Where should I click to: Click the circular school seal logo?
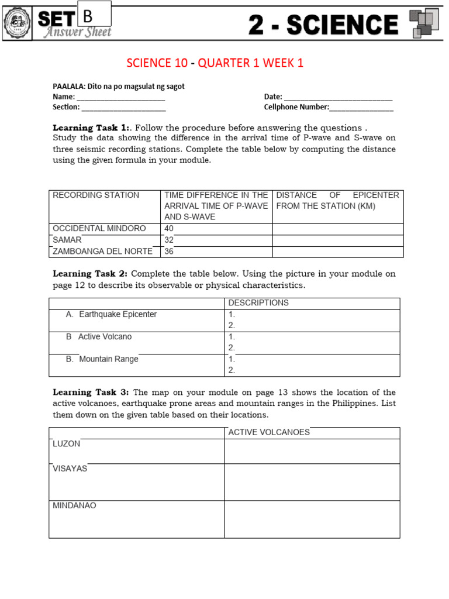pos(18,23)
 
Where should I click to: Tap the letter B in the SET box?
pos(88,17)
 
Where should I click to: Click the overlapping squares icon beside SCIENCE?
pos(424,23)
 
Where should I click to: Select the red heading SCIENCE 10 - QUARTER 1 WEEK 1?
pos(215,63)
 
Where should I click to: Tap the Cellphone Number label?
pos(296,107)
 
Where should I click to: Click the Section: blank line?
pos(123,108)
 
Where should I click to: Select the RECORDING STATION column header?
pos(96,195)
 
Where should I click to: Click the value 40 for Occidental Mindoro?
pos(170,229)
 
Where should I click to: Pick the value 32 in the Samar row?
pos(170,240)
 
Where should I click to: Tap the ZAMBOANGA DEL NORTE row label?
pos(102,251)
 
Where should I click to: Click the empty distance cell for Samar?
pos(337,240)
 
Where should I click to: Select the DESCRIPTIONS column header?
pos(258,303)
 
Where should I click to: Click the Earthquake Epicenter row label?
pos(118,314)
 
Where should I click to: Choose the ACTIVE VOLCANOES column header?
pos(269,432)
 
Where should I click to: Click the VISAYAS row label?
pos(70,469)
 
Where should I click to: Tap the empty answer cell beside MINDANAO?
pos(312,519)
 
